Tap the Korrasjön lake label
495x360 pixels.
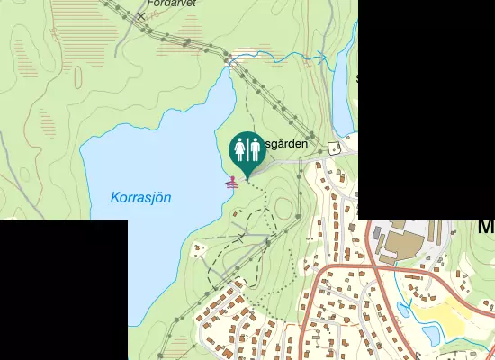pos(140,197)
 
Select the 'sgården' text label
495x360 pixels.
pos(287,143)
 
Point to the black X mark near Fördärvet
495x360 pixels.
pos(140,16)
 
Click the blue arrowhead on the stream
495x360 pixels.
pos(322,57)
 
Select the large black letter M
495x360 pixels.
pos(486,227)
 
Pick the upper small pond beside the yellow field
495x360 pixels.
pos(404,311)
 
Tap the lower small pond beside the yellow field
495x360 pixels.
pos(431,334)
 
